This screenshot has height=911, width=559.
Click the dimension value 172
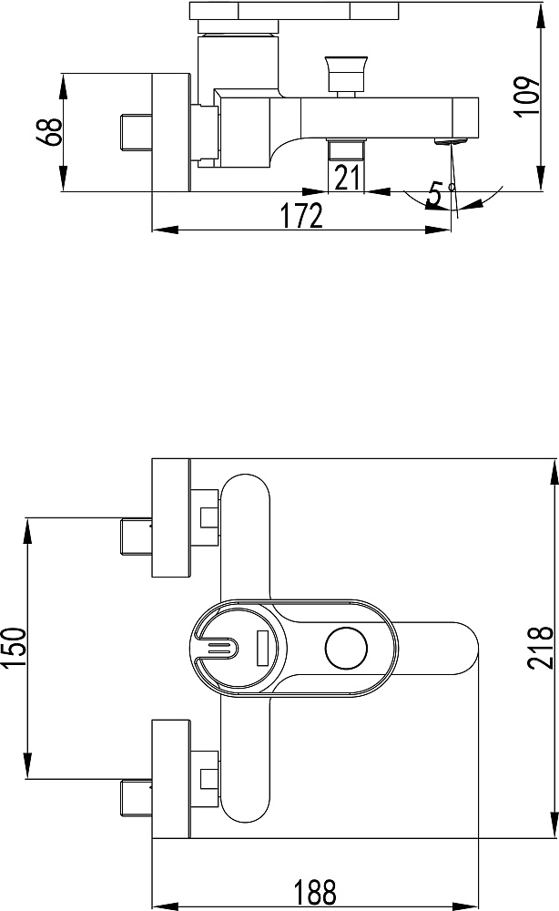coord(302,216)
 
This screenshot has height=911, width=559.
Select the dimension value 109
coord(527,96)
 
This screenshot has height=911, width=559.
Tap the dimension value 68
coord(49,132)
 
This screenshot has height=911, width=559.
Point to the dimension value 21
coord(347,178)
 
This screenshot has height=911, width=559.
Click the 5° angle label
coord(441,194)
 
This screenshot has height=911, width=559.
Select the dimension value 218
coord(541,648)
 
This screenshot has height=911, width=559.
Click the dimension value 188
coord(315,892)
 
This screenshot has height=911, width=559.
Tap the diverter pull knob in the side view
coord(347,72)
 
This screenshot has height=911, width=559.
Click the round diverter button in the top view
coord(347,649)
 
